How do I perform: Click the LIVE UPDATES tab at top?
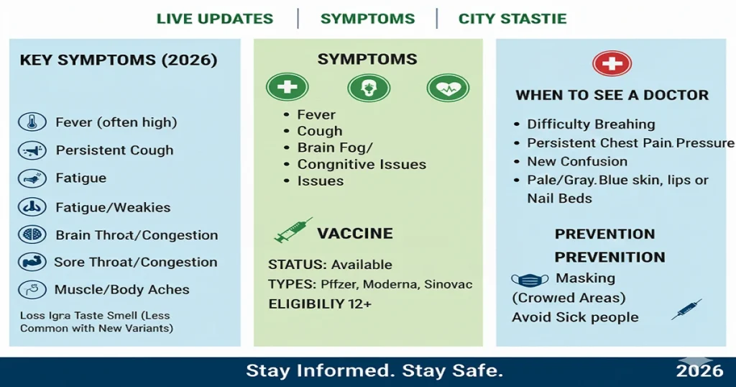point(215,19)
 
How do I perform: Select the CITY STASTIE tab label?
point(512,19)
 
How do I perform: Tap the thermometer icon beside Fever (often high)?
point(32,122)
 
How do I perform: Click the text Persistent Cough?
point(114,150)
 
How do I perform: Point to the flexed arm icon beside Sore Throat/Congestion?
point(32,263)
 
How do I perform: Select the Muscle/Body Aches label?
point(121,290)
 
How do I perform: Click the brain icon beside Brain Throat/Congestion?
point(32,235)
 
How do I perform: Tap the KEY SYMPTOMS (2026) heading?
point(119,60)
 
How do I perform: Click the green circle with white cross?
point(287,88)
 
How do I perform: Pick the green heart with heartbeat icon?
point(448,88)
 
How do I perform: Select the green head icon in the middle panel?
point(368,88)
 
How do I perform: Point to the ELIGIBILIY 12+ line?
point(320,304)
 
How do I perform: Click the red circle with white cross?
point(612,64)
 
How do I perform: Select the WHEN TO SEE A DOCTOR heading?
point(612,95)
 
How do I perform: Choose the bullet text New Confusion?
point(576,162)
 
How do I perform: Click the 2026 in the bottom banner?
point(699,371)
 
